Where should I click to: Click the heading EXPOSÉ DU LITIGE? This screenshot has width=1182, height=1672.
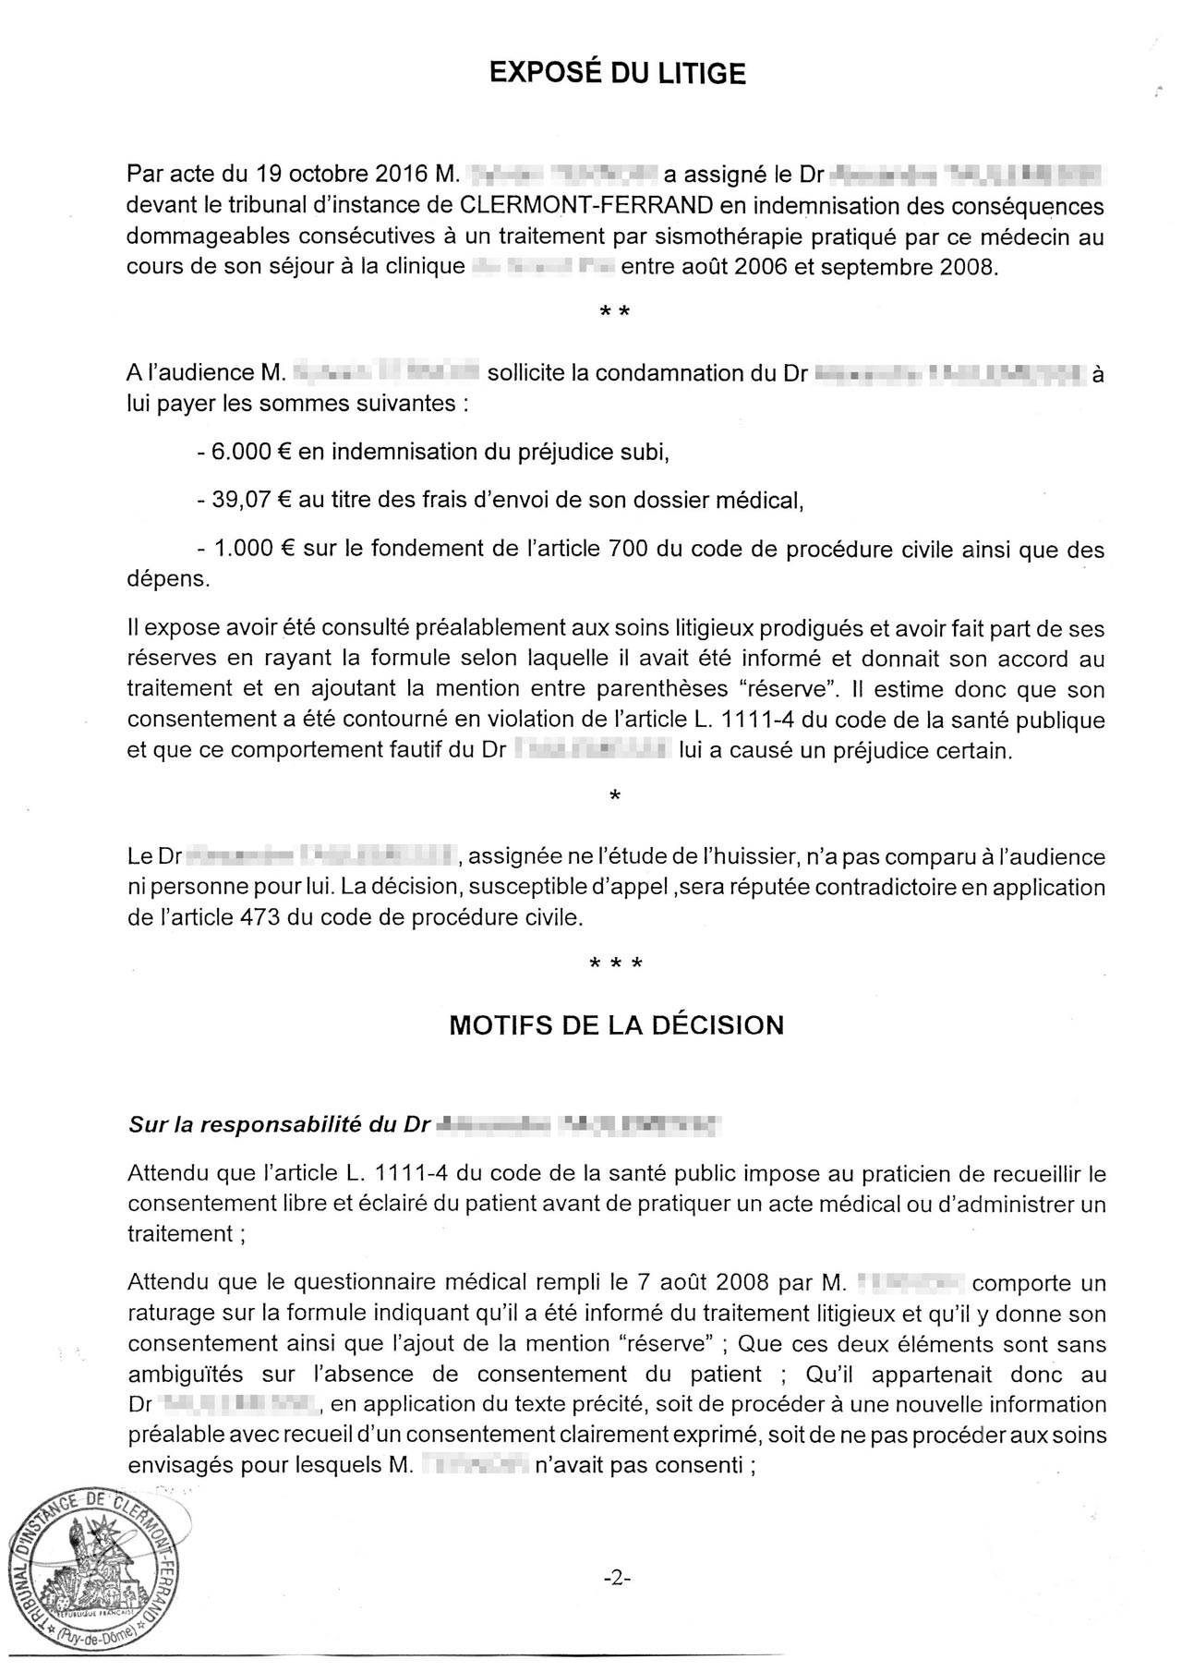pos(616,73)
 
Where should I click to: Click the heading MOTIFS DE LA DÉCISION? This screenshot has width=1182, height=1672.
pos(616,1025)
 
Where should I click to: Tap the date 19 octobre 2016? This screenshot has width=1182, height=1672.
pos(341,174)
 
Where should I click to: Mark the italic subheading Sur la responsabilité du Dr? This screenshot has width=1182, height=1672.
pos(279,1125)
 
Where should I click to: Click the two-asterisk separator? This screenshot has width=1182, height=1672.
pos(615,312)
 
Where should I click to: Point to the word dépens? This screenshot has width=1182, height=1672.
pos(168,579)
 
